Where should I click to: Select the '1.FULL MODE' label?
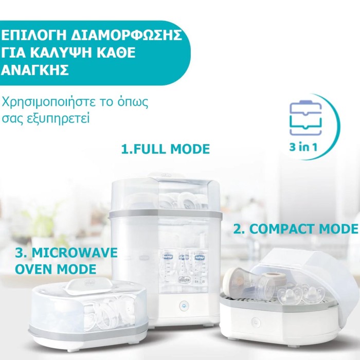165,149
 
